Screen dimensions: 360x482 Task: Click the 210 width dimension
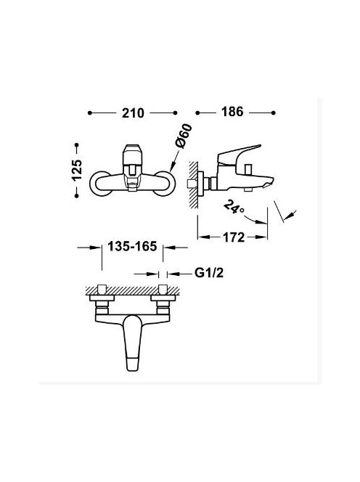[133, 113]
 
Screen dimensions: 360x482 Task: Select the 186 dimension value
[232, 112]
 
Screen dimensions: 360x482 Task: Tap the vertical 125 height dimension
[76, 170]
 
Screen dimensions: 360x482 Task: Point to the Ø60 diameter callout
[183, 136]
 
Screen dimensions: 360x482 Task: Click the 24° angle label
[234, 207]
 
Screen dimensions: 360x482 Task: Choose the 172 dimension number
[234, 237]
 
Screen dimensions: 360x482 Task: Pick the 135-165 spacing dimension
[132, 246]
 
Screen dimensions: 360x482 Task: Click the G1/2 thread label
[209, 273]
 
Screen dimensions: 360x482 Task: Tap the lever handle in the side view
[239, 154]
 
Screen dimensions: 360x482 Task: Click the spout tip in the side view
[269, 182]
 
